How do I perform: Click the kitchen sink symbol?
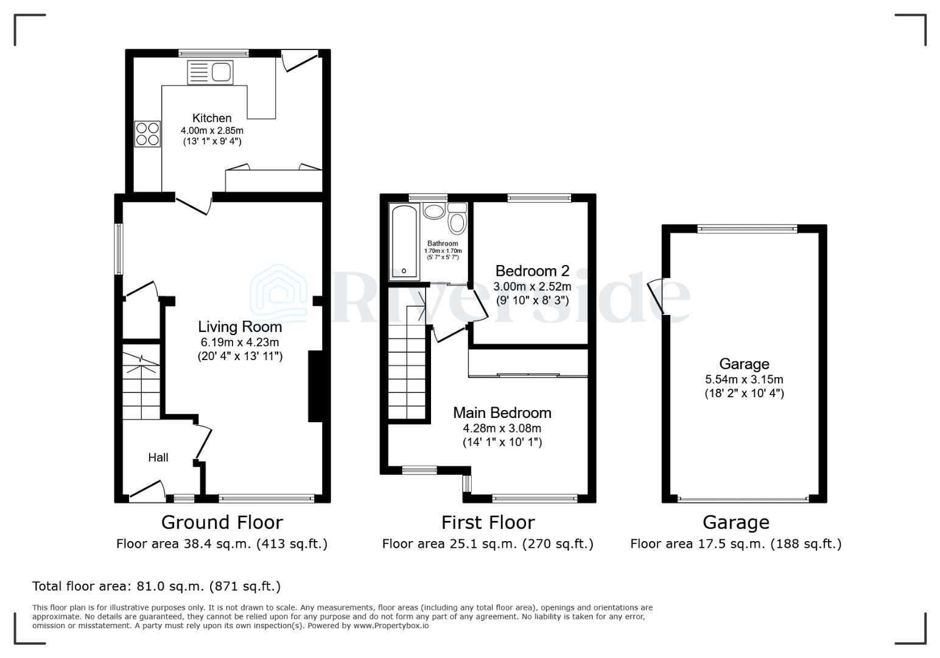tap(210, 73)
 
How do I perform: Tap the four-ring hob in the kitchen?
tap(147, 134)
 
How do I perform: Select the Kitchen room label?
tap(212, 118)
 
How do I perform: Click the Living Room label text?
tap(240, 327)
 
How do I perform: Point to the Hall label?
tap(158, 458)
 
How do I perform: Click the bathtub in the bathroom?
tap(404, 241)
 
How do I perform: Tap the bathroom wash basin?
tap(434, 211)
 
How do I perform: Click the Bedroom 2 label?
tap(532, 271)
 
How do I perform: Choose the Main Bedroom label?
tap(502, 412)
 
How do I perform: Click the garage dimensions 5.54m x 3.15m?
tap(744, 379)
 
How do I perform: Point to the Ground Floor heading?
tap(222, 523)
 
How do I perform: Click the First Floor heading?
tap(488, 523)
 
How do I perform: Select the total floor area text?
tap(156, 587)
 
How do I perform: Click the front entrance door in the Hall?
tap(147, 490)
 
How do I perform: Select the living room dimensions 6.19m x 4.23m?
tap(240, 342)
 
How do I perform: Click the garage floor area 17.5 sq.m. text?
tap(735, 544)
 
